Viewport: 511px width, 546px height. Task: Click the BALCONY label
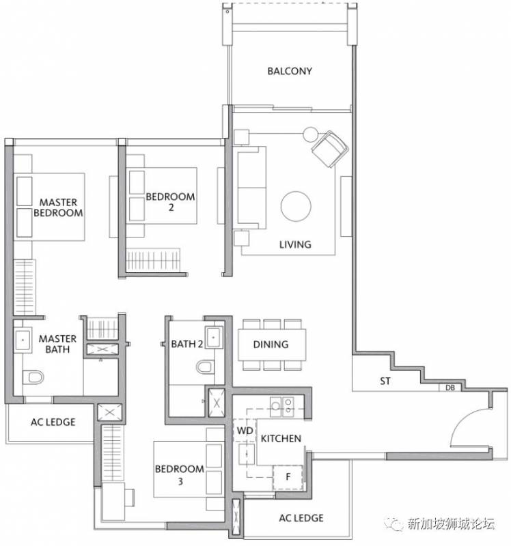[x=289, y=71]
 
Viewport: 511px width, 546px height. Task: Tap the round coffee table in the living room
[x=296, y=206]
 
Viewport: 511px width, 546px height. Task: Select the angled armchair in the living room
[x=330, y=149]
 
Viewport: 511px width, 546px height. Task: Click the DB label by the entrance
[x=450, y=387]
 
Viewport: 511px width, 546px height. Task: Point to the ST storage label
[x=385, y=381]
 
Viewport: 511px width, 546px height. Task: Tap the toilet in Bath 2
[x=204, y=367]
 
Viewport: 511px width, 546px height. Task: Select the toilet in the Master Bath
[x=33, y=377]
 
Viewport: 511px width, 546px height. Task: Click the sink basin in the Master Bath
[x=23, y=339]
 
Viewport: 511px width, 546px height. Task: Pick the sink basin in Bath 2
[x=214, y=337]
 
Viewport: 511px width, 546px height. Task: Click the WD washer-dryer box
[x=245, y=431]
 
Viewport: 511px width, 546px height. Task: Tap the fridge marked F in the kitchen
[x=288, y=476]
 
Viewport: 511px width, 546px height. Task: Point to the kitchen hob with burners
[x=281, y=406]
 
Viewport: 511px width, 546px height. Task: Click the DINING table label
[x=271, y=345]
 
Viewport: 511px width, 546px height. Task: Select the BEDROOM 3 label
[x=180, y=475]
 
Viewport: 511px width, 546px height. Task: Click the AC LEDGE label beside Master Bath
[x=53, y=422]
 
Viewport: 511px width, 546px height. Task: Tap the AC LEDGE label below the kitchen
[x=301, y=518]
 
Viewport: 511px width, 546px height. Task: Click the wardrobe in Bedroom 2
[x=153, y=259]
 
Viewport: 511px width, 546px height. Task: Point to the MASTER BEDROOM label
[x=58, y=207]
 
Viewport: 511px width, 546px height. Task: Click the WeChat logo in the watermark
[x=394, y=523]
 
